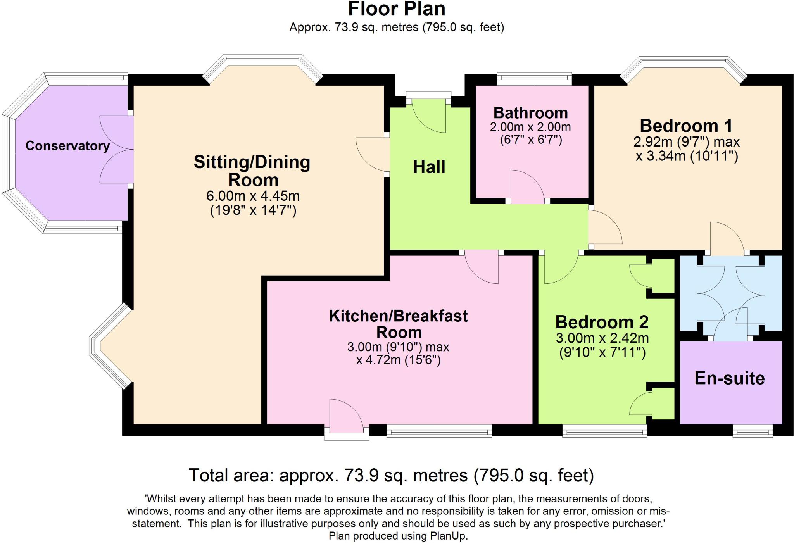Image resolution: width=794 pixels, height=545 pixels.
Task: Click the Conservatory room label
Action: pyautogui.click(x=67, y=146)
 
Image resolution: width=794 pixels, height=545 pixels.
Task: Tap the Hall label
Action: pyautogui.click(x=429, y=167)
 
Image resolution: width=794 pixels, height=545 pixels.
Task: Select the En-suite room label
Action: pyautogui.click(x=729, y=378)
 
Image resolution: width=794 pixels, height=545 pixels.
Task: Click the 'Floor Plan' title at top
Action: pyautogui.click(x=397, y=9)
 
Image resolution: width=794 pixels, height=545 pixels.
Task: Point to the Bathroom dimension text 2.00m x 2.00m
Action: pyautogui.click(x=530, y=127)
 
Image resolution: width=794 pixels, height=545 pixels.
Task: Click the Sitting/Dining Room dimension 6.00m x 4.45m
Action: pyautogui.click(x=253, y=196)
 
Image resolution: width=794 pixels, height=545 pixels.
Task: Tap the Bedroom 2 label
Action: pyautogui.click(x=602, y=322)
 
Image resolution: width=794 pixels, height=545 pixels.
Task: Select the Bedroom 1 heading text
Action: pyautogui.click(x=686, y=126)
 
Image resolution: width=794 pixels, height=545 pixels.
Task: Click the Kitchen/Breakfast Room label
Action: pyautogui.click(x=398, y=324)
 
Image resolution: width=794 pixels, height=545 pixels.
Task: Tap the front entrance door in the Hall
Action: pyautogui.click(x=428, y=116)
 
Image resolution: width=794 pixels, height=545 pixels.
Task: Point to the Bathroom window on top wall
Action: pyautogui.click(x=534, y=79)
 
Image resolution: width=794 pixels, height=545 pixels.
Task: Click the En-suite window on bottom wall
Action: pyautogui.click(x=752, y=431)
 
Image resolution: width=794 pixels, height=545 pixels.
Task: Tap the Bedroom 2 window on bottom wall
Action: pyautogui.click(x=604, y=431)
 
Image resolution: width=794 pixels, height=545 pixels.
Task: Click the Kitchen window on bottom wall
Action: pyautogui.click(x=439, y=431)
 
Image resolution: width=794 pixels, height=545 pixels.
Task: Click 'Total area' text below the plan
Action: pyautogui.click(x=391, y=475)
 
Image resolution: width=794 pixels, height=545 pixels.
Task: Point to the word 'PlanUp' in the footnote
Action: pyautogui.click(x=448, y=536)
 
